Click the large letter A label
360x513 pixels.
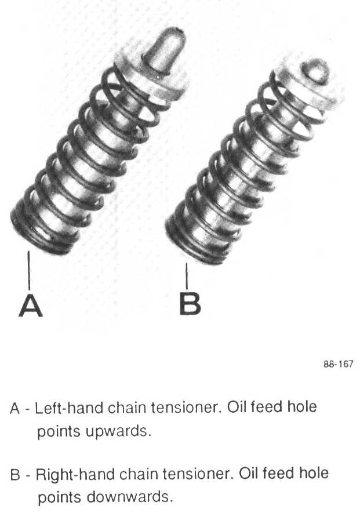[x=31, y=305]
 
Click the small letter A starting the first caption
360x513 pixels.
[x=16, y=408]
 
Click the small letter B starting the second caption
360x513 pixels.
[x=16, y=475]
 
